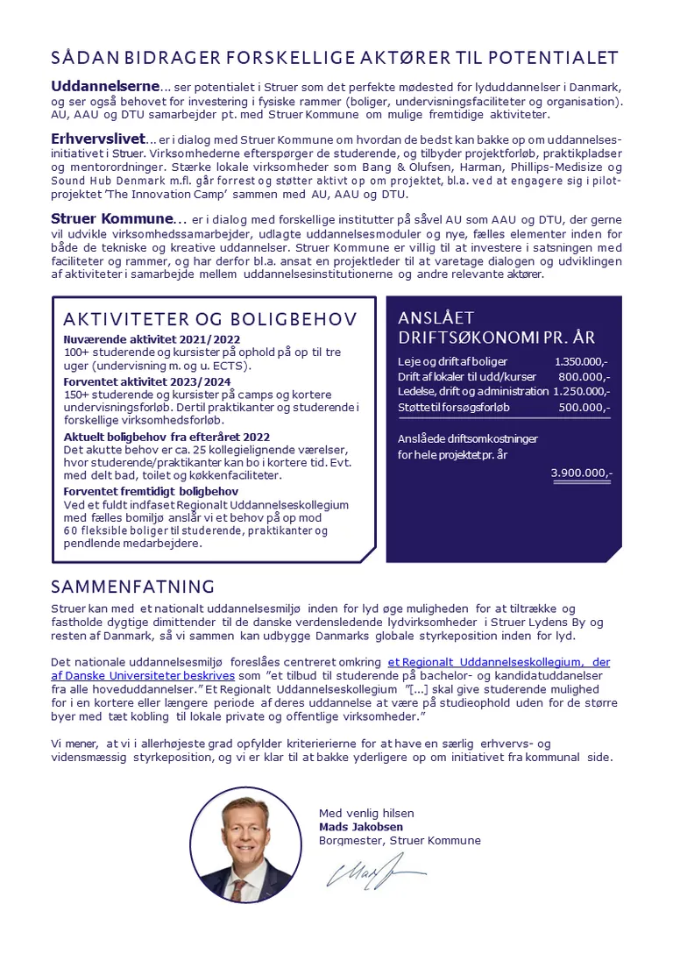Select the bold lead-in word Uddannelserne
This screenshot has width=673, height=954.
[x=105, y=87]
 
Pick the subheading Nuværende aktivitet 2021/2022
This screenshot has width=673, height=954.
[x=152, y=339]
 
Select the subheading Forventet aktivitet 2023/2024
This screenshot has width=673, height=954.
[x=148, y=381]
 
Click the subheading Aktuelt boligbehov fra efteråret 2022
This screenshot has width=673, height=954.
[x=166, y=436]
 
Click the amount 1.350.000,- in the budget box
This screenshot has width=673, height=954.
[x=582, y=361]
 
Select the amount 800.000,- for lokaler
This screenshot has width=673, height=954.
[x=584, y=376]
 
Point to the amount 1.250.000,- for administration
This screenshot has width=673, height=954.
[x=581, y=391]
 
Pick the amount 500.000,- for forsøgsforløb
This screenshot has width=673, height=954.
[x=584, y=407]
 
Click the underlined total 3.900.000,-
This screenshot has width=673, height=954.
[x=581, y=473]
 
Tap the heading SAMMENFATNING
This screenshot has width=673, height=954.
[x=132, y=587]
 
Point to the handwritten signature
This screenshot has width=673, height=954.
[x=372, y=872]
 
